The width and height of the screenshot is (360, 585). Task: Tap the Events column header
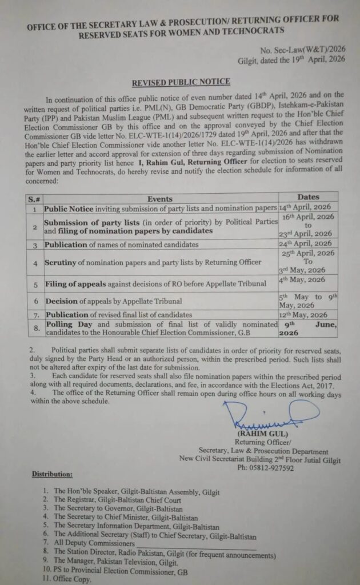pos(160,199)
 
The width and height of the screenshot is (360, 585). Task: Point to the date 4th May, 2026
pos(302,279)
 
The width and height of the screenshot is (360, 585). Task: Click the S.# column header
pos(34,199)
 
